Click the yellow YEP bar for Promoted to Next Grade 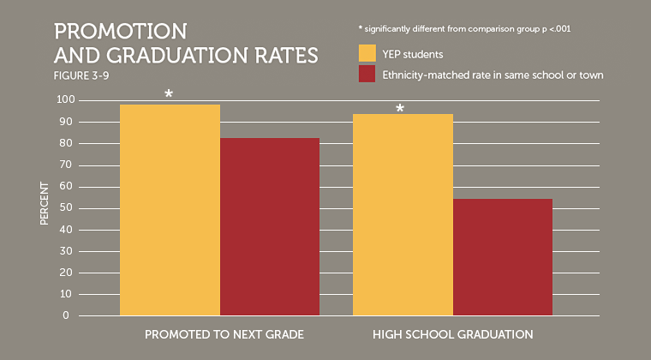170,210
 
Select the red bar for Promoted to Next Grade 270,226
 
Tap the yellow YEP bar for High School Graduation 403,214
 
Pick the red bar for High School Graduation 503,257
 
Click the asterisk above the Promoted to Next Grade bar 169,93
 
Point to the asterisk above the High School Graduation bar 399,109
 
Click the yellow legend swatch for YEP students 367,53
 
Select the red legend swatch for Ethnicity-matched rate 367,75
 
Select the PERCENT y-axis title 45,207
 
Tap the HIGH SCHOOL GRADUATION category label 452,333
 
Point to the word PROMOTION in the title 121,32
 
